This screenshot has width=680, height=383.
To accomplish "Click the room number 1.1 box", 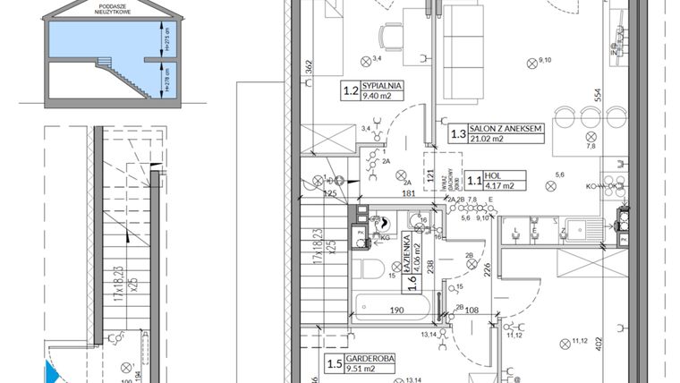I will click(x=475, y=181).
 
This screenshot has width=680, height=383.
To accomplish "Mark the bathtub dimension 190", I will click(x=397, y=311).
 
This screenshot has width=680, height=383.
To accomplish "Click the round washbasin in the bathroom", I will click(x=382, y=224).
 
